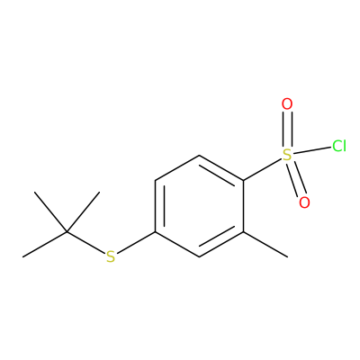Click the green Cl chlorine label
(339, 146)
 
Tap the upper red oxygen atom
(287, 104)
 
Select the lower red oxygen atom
(304, 202)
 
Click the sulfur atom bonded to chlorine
(287, 155)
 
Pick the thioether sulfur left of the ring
(111, 256)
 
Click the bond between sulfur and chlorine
(312, 150)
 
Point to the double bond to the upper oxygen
(287, 130)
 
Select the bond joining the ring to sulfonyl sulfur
(263, 169)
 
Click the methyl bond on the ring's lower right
(265, 244)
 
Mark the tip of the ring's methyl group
(287, 256)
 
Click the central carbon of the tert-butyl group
(67, 231)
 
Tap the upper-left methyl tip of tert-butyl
(35, 192)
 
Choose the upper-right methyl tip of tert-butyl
(99, 192)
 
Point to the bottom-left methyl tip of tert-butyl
(23, 256)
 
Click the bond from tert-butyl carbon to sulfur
(85, 243)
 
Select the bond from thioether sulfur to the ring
(136, 243)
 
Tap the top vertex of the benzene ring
(199, 155)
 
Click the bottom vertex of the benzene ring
(199, 256)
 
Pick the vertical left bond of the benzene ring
(155, 206)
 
